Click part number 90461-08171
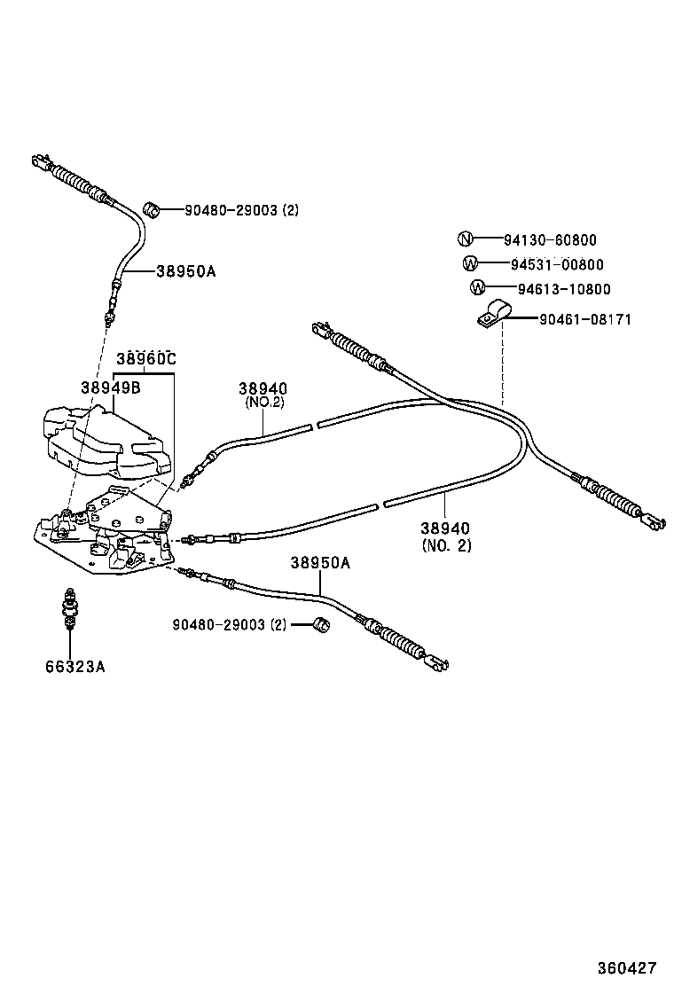[x=584, y=319]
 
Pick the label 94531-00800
[x=557, y=264]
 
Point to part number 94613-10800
[x=564, y=289]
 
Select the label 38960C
[x=146, y=359]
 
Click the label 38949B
[x=111, y=387]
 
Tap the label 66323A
[x=75, y=666]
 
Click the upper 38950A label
[x=185, y=272]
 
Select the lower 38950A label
[x=320, y=563]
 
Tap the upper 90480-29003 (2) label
[x=241, y=210]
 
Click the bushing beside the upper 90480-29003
[x=153, y=208]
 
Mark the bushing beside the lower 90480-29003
[x=323, y=626]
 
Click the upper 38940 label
[x=263, y=388]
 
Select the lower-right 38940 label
[x=446, y=528]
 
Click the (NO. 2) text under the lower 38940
[x=446, y=545]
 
